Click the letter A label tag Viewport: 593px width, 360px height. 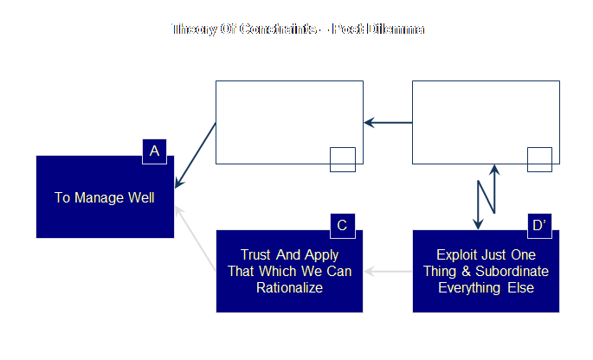tap(154, 151)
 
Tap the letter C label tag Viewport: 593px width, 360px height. tap(342, 226)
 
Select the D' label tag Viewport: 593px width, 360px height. tap(538, 226)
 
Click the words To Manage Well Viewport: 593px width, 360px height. tap(104, 197)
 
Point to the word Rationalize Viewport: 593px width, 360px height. tap(289, 287)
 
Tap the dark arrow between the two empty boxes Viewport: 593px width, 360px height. tap(387, 123)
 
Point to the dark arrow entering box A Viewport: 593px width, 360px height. tap(196, 156)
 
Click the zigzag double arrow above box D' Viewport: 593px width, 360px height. tap(486, 196)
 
